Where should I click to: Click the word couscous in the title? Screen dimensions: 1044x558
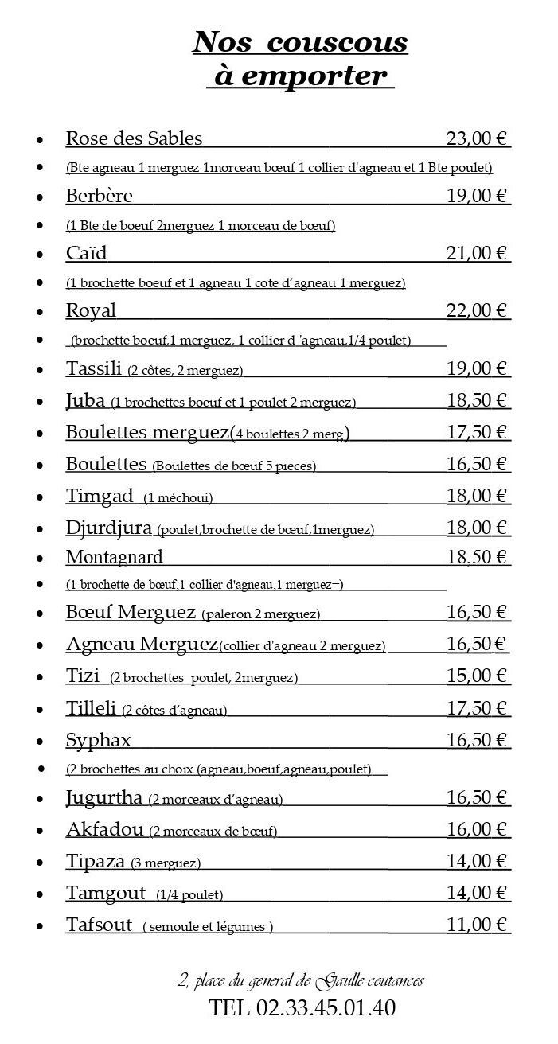[338, 42]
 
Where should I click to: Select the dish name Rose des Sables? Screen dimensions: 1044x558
[134, 138]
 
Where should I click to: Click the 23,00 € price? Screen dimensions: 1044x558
[477, 138]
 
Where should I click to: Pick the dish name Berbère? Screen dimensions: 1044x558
[99, 196]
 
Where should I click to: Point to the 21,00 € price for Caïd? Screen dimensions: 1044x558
[477, 253]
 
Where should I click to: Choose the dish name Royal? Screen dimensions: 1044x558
[91, 310]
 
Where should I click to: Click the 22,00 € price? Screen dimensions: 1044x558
[477, 310]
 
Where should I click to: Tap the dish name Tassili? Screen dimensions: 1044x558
[94, 368]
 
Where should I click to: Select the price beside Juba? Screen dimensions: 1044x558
[477, 400]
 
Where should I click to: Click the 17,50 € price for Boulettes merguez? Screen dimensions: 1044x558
[477, 432]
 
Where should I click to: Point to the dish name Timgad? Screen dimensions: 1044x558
[100, 496]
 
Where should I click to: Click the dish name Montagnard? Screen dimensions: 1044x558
[114, 556]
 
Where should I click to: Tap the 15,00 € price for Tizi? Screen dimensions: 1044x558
[477, 676]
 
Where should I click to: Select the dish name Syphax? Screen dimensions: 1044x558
[98, 740]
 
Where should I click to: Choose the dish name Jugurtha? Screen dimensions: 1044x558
[104, 797]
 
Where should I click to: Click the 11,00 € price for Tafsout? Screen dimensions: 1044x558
[477, 925]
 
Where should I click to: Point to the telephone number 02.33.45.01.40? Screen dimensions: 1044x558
[326, 1009]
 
